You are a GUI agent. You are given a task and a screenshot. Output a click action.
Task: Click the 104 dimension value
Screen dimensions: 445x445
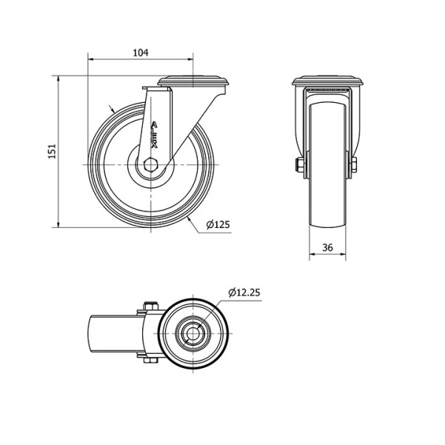click(141, 53)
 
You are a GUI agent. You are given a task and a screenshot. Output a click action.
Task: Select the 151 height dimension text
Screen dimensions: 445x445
click(53, 152)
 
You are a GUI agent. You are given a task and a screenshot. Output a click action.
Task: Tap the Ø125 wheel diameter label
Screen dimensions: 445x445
click(218, 225)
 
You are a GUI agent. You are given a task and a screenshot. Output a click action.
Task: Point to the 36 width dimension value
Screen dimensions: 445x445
click(327, 248)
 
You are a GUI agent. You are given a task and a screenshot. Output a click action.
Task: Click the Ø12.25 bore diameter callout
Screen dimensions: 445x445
click(244, 292)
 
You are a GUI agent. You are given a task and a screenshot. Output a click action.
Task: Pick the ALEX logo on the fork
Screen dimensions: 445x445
click(154, 135)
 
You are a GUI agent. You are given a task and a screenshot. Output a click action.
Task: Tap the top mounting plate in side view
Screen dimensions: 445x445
click(193, 81)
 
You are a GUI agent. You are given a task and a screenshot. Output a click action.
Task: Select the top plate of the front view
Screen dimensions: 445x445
click(328, 81)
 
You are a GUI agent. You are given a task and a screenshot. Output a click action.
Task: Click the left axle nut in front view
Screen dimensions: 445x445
click(299, 165)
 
